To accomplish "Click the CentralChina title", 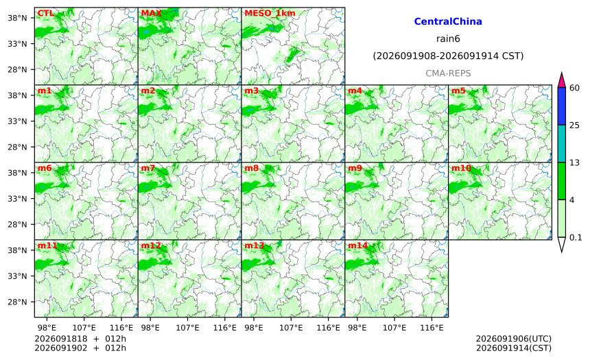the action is [448, 21].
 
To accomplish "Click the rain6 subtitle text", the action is [448, 39].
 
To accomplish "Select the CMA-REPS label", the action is [448, 73].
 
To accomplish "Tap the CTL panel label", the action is [45, 14].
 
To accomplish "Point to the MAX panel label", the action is [151, 14].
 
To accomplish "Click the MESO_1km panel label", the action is [270, 14].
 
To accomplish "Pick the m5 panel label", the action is [458, 91].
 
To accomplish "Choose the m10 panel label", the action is [461, 168].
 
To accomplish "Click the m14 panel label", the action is [357, 245].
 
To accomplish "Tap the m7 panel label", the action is [148, 168].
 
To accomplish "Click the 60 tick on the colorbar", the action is [574, 88].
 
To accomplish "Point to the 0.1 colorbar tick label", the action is [576, 237].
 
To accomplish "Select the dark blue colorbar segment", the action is [561, 106].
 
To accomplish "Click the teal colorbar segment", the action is [561, 143].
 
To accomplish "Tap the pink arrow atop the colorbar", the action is [561, 80].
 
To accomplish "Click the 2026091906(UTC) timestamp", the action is [514, 339].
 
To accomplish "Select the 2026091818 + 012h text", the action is [80, 339].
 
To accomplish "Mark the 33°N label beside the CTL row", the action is [17, 44].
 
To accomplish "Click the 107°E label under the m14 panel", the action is [394, 328].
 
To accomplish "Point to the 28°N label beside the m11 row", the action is [17, 302].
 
